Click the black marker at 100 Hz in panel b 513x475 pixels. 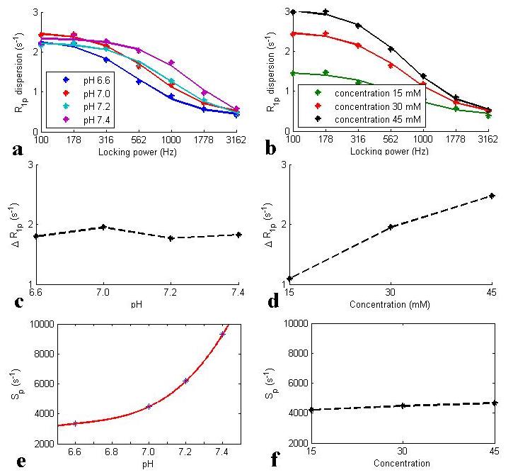(x=293, y=12)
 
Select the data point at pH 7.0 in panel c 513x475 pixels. (x=103, y=227)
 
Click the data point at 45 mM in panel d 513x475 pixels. (x=491, y=196)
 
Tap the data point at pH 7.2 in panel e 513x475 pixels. (x=186, y=381)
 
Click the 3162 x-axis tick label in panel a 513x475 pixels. (x=236, y=140)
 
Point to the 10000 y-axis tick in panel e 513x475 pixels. (x=26, y=323)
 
